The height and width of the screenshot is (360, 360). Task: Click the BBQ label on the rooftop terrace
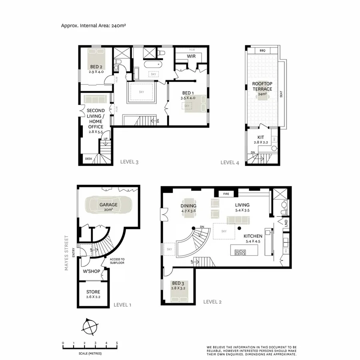[x=262, y=51]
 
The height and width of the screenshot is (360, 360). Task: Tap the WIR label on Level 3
[x=191, y=56]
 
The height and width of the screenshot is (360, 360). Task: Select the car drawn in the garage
[x=108, y=206]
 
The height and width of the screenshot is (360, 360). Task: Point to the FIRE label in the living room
[x=226, y=194]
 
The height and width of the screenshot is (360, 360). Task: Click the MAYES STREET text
[x=67, y=253]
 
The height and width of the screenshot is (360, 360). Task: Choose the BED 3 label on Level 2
[x=178, y=283]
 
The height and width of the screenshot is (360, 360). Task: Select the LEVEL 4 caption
[x=230, y=162]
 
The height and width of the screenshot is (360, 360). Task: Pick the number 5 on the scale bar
[x=117, y=343]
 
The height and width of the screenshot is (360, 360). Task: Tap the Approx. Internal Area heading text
[x=94, y=25]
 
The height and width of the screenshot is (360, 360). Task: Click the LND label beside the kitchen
[x=286, y=222]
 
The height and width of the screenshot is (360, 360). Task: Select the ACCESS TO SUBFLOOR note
[x=117, y=261]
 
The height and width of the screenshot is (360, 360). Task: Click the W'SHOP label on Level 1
[x=91, y=272]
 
